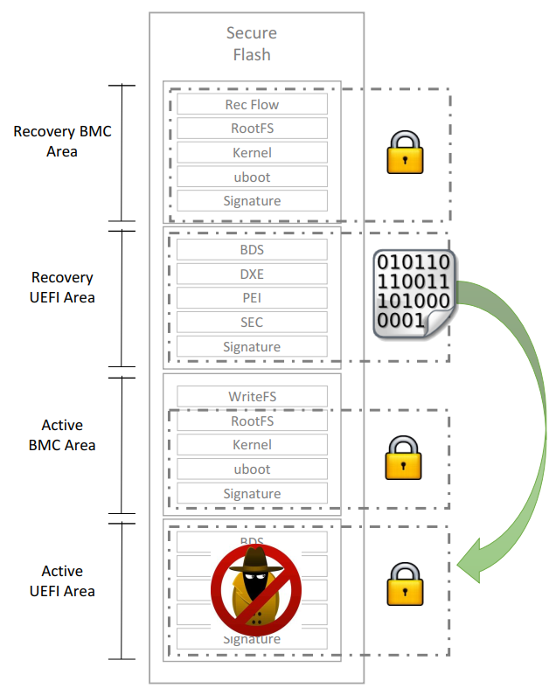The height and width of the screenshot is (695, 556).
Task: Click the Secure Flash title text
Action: click(x=252, y=44)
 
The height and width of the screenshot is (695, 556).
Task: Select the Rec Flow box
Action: click(x=252, y=105)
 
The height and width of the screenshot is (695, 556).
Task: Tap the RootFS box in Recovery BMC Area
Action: click(x=252, y=129)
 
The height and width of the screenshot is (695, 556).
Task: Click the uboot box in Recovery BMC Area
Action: click(x=252, y=177)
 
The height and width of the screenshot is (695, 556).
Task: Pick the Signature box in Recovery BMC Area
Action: click(x=252, y=201)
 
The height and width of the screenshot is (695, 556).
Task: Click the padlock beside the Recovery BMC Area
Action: click(x=405, y=152)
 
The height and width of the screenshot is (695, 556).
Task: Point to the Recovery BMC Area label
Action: click(x=63, y=142)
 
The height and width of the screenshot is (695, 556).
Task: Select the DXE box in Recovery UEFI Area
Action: click(x=252, y=274)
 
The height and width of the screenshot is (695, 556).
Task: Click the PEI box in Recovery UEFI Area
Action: click(x=252, y=298)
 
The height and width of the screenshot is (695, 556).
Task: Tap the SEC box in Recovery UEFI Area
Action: click(x=252, y=323)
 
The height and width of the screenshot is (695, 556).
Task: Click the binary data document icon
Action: click(x=413, y=294)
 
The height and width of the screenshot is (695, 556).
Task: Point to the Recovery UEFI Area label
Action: click(x=63, y=288)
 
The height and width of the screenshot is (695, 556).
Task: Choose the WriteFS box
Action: click(x=252, y=397)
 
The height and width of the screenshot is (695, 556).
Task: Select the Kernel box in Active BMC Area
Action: click(x=252, y=445)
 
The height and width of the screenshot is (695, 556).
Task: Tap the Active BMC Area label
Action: click(x=63, y=435)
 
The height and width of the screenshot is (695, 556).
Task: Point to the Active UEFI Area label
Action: click(x=63, y=581)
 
